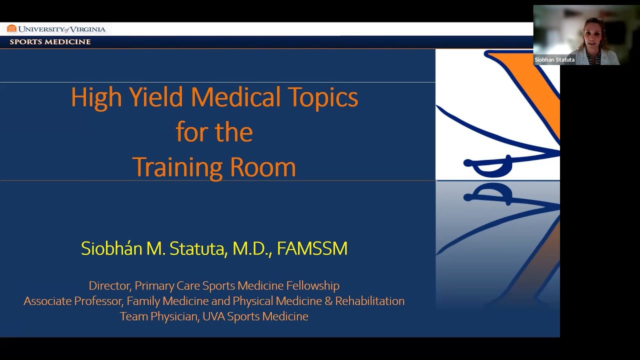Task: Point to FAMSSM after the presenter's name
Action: (312, 248)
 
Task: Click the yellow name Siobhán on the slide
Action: (111, 248)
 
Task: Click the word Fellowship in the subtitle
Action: (312, 285)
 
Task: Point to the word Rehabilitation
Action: (369, 301)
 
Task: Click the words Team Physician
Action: (158, 316)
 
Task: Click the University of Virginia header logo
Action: (56, 29)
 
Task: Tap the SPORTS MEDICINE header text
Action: (50, 42)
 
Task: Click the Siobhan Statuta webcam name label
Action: (554, 60)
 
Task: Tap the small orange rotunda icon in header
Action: (11, 28)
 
